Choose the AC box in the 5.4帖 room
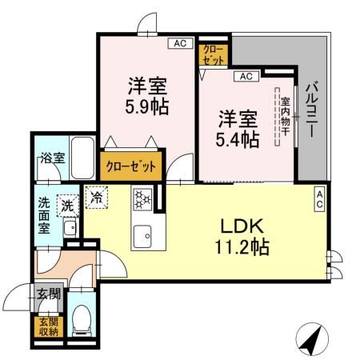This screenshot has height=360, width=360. point(245,77)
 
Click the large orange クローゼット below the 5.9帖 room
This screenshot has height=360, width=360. point(132,167)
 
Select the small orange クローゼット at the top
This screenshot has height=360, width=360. point(214,54)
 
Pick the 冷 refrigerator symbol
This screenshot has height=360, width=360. point(97,196)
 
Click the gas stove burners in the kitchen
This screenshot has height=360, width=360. point(143,198)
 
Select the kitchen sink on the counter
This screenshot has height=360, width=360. point(144,234)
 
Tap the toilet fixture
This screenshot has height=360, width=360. point(80,319)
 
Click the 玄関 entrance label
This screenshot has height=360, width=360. point(47,294)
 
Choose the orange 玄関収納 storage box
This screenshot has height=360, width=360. point(46,327)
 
